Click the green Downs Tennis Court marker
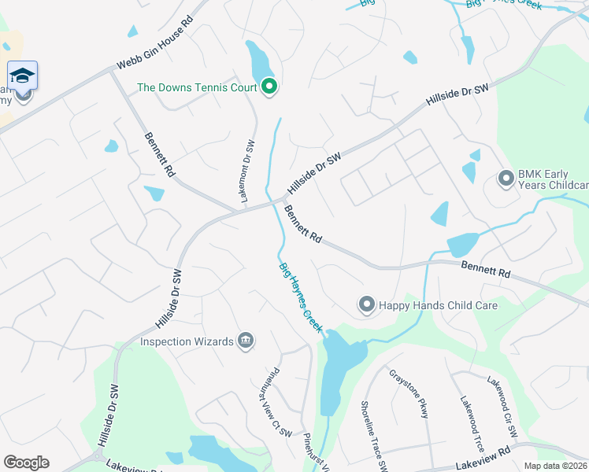(270, 87)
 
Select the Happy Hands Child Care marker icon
(366, 304)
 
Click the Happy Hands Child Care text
(439, 305)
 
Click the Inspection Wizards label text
(187, 341)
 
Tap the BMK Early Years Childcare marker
(505, 179)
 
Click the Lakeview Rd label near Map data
(483, 452)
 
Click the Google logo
(26, 463)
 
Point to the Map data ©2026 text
(555, 466)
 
